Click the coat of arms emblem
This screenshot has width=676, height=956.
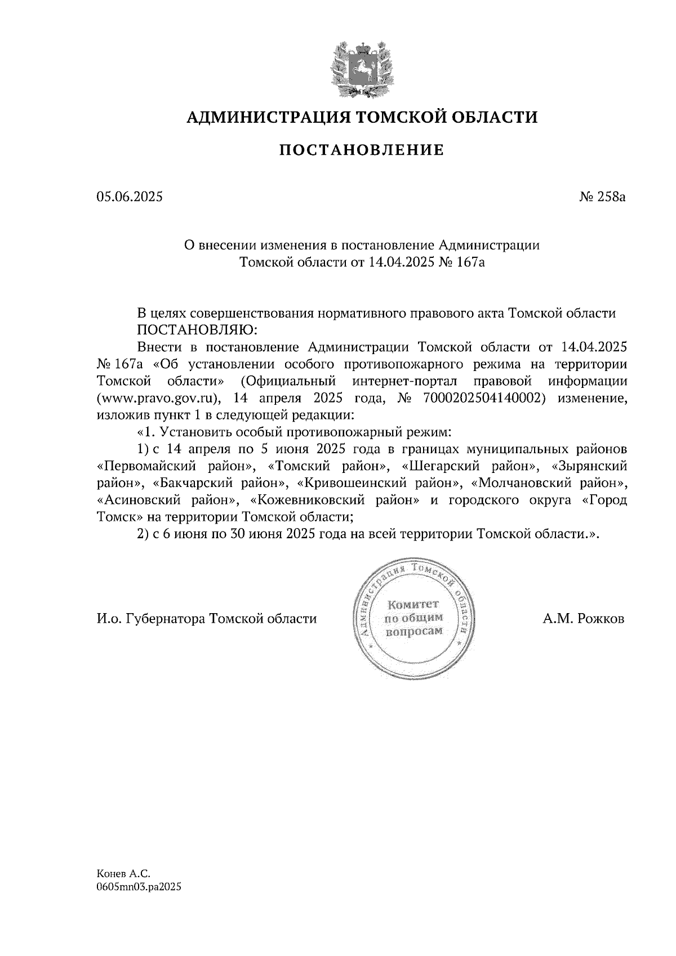pos(361,67)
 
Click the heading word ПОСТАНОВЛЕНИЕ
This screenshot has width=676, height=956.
pos(362,150)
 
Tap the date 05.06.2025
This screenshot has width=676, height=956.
pos(129,197)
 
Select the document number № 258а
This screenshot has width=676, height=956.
pos(603,197)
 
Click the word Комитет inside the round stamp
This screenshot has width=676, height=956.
pos(413,605)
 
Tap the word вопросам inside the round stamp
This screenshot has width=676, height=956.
pos(413,632)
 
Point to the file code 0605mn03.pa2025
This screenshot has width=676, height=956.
pos(139,887)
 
